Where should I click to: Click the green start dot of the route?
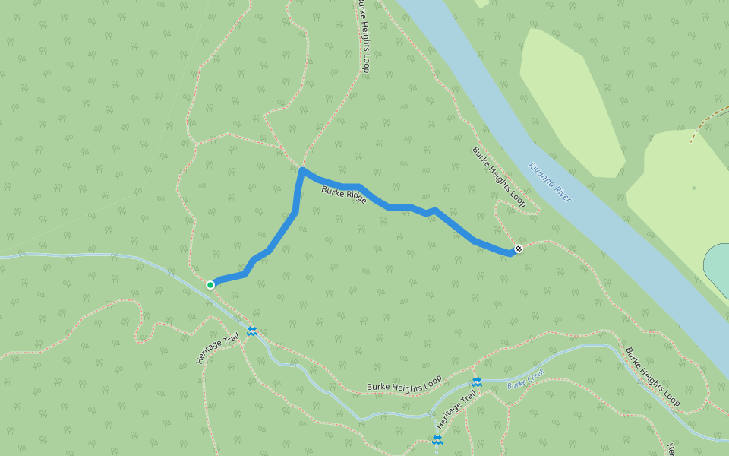pos(210,284)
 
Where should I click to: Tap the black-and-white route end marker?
pos(519,249)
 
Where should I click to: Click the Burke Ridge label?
pos(344,195)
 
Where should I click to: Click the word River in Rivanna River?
pos(563,194)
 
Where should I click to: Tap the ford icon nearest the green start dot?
pos(252,331)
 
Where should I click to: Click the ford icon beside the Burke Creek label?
pos(477,382)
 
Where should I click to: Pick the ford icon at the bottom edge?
pos(437,439)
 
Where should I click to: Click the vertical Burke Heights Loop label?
pos(365,35)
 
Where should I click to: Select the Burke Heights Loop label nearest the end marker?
pos(499,177)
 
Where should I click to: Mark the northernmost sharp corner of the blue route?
pos(302,169)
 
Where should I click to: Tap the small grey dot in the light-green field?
pos(693,188)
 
